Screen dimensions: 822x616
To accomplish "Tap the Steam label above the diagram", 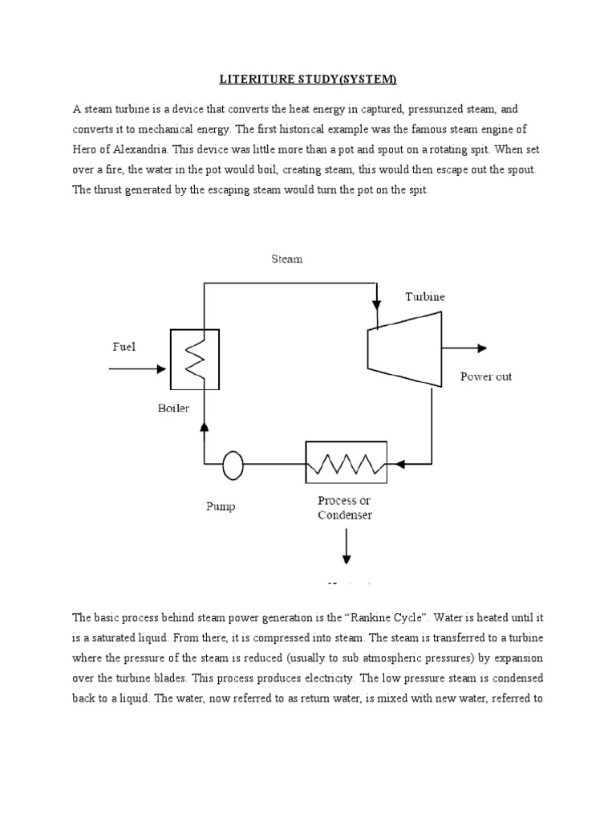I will tap(286, 259).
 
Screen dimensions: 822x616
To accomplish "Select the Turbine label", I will tap(424, 296).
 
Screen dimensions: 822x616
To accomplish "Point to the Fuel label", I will tap(124, 347).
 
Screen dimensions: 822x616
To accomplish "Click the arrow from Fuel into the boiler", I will tap(137, 368).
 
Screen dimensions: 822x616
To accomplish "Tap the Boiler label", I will tap(173, 408).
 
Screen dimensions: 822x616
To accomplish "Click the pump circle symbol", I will tap(233, 463).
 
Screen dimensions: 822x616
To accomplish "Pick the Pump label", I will tap(220, 507).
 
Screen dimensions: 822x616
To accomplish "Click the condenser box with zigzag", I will tap(346, 462).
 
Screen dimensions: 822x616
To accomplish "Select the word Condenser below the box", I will tap(345, 515).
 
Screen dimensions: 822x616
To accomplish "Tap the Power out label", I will tap(485, 376).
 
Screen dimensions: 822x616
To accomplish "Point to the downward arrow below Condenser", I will tap(346, 549).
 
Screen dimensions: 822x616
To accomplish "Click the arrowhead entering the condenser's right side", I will tap(394, 463).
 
